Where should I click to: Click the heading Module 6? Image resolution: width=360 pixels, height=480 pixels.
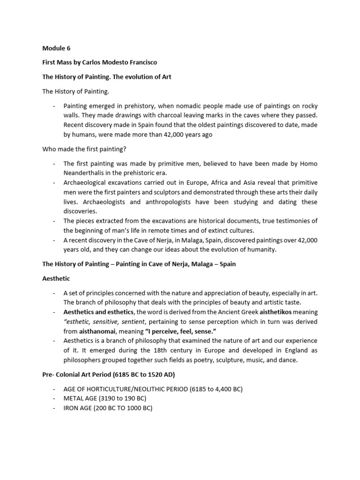tap(57, 48)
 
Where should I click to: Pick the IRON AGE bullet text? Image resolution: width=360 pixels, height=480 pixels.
tap(108, 408)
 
